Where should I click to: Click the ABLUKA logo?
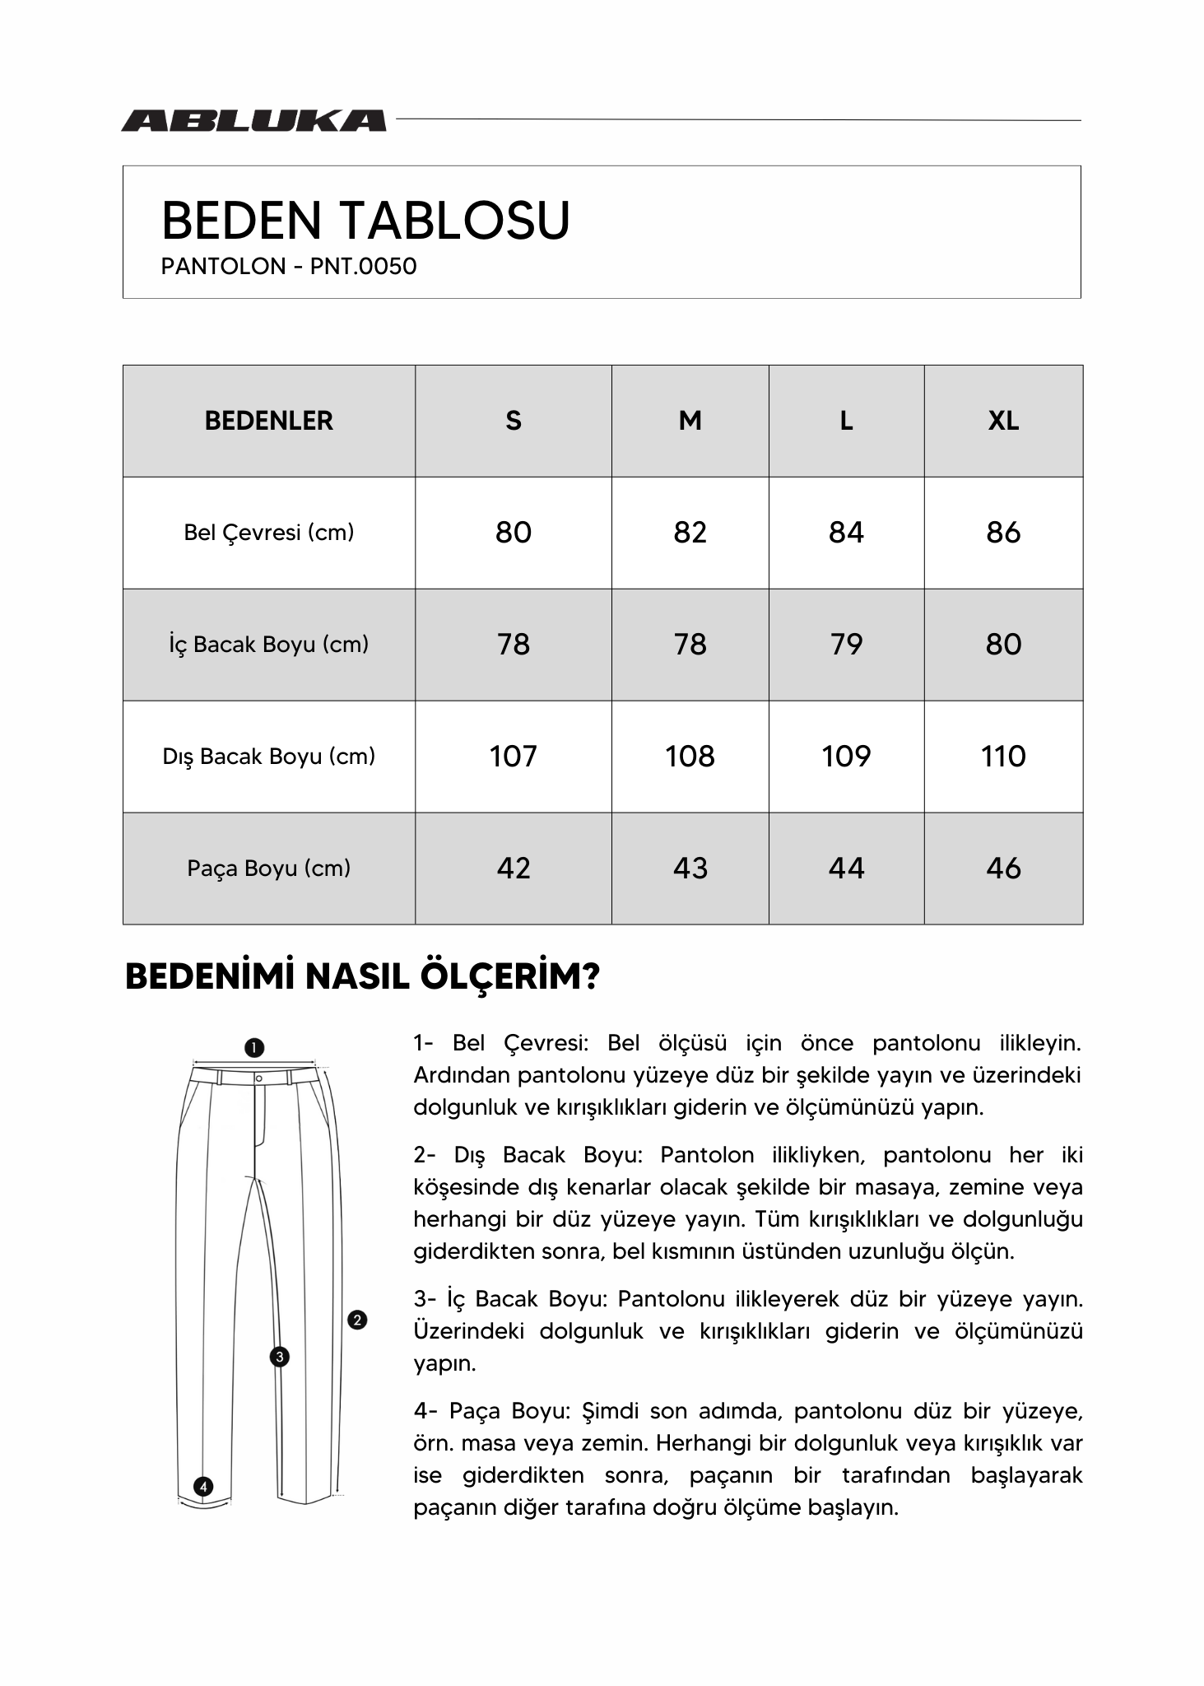coord(253,120)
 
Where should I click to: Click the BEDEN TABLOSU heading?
coord(365,221)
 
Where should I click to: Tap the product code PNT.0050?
coord(363,267)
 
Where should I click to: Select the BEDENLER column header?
coord(268,421)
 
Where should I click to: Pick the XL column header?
coord(1002,421)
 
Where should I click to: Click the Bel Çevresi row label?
coord(268,533)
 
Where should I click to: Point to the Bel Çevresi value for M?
coord(690,533)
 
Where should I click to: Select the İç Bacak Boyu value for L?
coord(846,645)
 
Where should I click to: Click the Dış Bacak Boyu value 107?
coord(513,757)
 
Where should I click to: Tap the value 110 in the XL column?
coord(1002,757)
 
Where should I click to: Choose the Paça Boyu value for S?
coord(513,869)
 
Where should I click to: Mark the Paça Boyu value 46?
coord(1002,869)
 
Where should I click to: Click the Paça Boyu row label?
coord(268,869)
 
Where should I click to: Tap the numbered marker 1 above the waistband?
coord(254,1048)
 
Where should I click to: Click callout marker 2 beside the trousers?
coord(357,1320)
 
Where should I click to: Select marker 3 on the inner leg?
coord(280,1357)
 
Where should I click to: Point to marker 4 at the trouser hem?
coord(202,1487)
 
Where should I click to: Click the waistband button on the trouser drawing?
coord(258,1078)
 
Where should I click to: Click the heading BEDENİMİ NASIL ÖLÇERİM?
coord(362,977)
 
